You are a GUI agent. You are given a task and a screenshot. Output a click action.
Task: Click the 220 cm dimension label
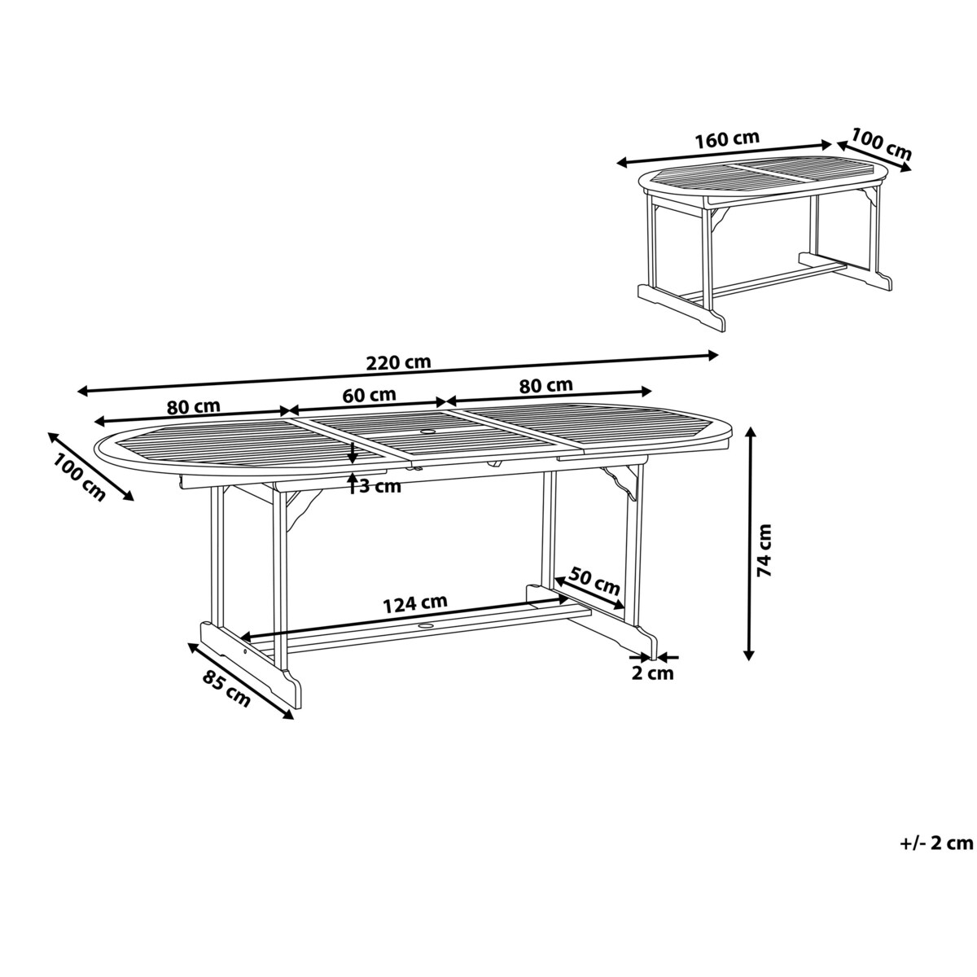pyautogui.click(x=398, y=362)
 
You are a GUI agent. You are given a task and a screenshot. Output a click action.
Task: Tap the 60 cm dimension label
pyautogui.click(x=369, y=395)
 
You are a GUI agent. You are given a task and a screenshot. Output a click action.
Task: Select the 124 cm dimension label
pyautogui.click(x=415, y=603)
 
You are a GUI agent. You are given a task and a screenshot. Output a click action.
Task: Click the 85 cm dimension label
pyautogui.click(x=226, y=689)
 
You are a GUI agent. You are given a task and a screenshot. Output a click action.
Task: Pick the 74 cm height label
pyautogui.click(x=764, y=550)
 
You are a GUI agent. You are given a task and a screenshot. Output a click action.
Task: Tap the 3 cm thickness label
pyautogui.click(x=379, y=487)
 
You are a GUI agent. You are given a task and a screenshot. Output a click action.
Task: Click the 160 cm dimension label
pyautogui.click(x=726, y=140)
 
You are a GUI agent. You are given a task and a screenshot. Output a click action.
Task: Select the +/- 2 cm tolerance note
pyautogui.click(x=936, y=843)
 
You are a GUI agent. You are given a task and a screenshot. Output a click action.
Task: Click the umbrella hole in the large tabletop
pyautogui.click(x=428, y=432)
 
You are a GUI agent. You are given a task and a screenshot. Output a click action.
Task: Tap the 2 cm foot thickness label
pyautogui.click(x=652, y=673)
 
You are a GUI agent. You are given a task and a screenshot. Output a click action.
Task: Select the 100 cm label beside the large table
pyautogui.click(x=79, y=478)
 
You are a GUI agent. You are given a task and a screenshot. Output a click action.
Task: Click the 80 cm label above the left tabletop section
pyautogui.click(x=193, y=406)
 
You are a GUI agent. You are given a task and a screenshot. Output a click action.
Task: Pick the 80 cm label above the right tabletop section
pyautogui.click(x=545, y=385)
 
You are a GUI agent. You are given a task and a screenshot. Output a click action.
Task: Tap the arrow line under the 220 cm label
pyautogui.click(x=398, y=373)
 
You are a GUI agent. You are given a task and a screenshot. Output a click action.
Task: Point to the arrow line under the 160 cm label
pyautogui.click(x=725, y=154)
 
